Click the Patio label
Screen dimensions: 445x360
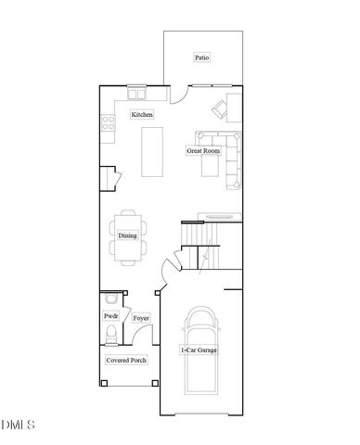click(x=201, y=57)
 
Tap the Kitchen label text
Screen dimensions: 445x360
click(x=142, y=115)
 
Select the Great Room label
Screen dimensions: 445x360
click(x=202, y=149)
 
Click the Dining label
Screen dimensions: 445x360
click(x=128, y=235)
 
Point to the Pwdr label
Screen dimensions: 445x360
click(x=110, y=316)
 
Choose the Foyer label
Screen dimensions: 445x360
click(x=141, y=318)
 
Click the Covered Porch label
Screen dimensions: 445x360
click(x=126, y=360)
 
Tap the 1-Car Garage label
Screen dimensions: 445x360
click(x=199, y=350)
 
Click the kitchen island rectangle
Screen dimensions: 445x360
click(x=153, y=151)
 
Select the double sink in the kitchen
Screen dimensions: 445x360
click(x=136, y=94)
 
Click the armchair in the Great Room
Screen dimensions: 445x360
click(x=222, y=108)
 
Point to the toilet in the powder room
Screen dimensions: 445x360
click(x=110, y=333)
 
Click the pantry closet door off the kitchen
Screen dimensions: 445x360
click(x=110, y=177)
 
